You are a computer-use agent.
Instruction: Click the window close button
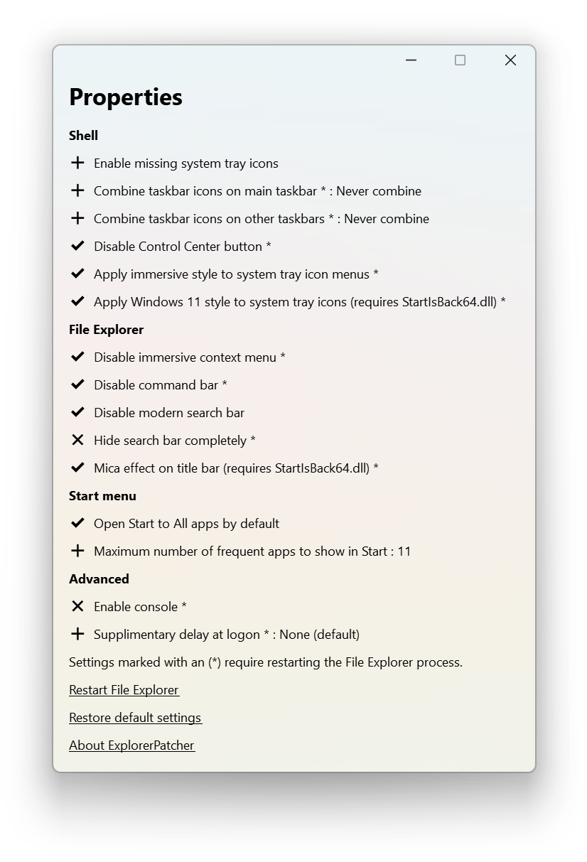510,60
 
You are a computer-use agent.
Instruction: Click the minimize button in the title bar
411,60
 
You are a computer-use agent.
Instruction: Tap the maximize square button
460,60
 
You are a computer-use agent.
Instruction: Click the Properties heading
126,97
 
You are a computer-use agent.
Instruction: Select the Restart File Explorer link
124,690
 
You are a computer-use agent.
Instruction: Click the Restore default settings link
135,718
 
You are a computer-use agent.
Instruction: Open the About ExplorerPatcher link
131,745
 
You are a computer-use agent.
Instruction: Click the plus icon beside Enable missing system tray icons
77,163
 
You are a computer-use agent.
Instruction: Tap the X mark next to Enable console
77,606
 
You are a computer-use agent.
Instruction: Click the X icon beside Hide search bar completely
77,440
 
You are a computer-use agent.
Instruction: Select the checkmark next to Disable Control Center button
77,246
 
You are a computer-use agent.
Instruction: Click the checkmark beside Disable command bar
77,384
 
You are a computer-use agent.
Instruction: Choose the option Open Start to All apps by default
186,524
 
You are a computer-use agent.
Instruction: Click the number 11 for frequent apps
404,551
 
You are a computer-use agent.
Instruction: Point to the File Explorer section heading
106,330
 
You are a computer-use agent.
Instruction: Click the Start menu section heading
102,496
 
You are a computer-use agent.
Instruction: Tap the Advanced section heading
99,579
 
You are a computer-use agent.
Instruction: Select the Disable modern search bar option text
169,413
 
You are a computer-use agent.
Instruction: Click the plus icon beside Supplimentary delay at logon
77,634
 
